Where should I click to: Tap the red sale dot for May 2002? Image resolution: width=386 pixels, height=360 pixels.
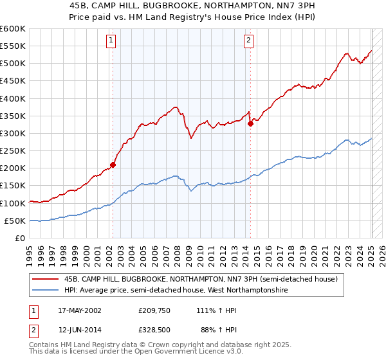pyautogui.click(x=113, y=165)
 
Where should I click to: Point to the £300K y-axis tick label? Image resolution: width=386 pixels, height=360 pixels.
pyautogui.click(x=12, y=133)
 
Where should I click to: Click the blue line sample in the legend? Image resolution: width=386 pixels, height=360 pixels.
pyautogui.click(x=46, y=291)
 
